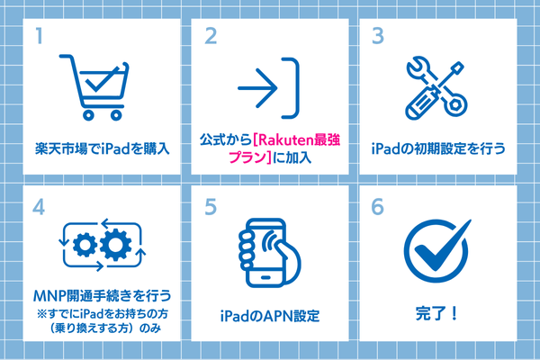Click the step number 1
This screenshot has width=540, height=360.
pyautogui.click(x=39, y=36)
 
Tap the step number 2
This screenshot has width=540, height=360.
pyautogui.click(x=211, y=36)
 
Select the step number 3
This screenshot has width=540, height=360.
pyautogui.click(x=378, y=36)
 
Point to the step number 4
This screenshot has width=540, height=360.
pyautogui.click(x=39, y=207)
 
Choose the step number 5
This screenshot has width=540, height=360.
pyautogui.click(x=211, y=207)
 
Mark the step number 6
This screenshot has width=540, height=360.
pyautogui.click(x=377, y=207)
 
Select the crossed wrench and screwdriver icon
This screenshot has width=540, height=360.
pyautogui.click(x=436, y=88)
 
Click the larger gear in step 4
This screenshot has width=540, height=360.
pyautogui.click(x=115, y=245)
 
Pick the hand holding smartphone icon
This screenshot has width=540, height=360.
pyautogui.click(x=269, y=253)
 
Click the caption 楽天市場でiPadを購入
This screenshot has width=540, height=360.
pyautogui.click(x=103, y=148)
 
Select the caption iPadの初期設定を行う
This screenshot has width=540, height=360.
pyautogui.click(x=438, y=148)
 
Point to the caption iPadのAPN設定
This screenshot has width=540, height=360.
pyautogui.click(x=270, y=316)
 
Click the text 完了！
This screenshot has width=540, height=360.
pyautogui.click(x=436, y=313)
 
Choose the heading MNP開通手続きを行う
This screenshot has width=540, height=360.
pyautogui.click(x=102, y=295)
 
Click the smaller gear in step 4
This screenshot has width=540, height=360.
pyautogui.click(x=85, y=245)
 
